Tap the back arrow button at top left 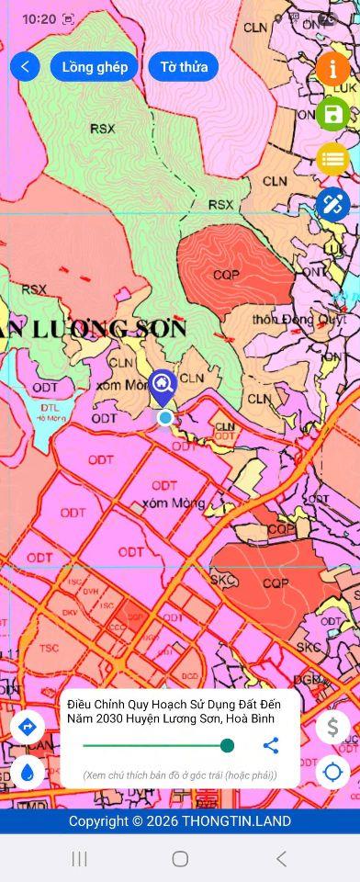point(25,66)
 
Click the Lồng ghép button point(95,66)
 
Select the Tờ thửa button point(183,66)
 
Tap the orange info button point(332,69)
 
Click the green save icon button point(332,114)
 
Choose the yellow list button point(332,159)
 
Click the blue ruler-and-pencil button point(332,203)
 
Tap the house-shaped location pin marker point(163,384)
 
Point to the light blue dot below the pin point(165,418)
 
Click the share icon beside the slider point(270,745)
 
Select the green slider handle point(227,745)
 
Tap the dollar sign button point(332,727)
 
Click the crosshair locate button point(332,772)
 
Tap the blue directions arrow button point(27,727)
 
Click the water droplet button point(27,772)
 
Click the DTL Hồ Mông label point(51,413)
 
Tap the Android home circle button point(180,858)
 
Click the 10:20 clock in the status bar point(38,18)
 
